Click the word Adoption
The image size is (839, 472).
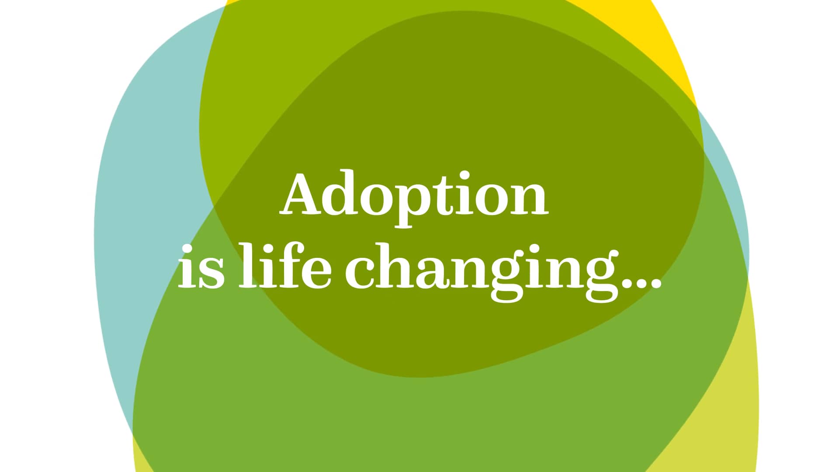tap(414, 196)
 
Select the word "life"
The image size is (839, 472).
tap(284, 265)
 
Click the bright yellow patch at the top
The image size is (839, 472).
tap(655, 31)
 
